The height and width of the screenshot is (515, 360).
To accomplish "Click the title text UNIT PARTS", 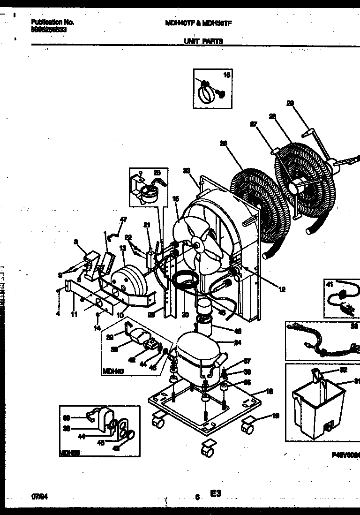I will (203, 41).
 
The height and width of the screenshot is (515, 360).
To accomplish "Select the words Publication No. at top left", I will (52, 22).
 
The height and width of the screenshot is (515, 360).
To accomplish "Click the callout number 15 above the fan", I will (176, 199).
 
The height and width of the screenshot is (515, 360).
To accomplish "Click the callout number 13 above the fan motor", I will (122, 248).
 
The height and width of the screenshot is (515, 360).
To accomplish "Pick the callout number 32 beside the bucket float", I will (344, 370).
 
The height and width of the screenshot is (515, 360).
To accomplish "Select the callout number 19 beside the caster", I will (276, 415).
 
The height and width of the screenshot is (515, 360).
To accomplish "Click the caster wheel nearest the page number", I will (206, 451).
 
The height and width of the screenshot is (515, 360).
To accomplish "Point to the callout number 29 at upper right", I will (290, 104).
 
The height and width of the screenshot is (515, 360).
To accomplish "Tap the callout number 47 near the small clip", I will (124, 220).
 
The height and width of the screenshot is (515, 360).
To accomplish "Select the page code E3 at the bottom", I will (216, 493).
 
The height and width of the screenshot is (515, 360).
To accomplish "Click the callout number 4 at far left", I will (58, 314).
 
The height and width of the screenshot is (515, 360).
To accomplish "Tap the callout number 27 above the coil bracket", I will (254, 124).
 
